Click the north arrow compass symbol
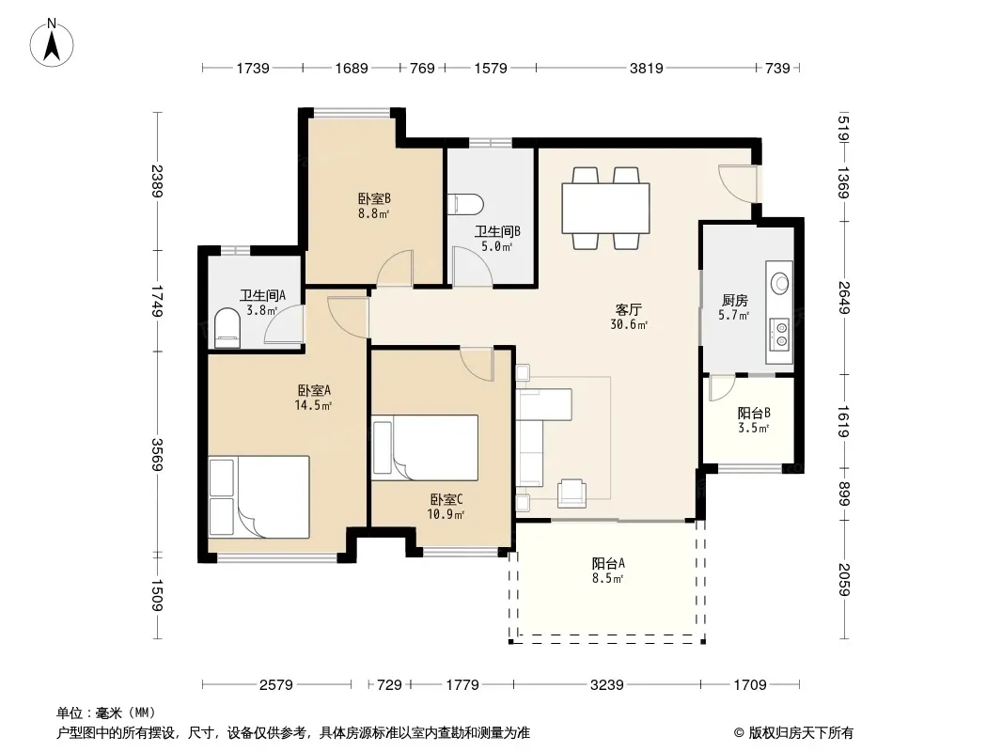[51, 43]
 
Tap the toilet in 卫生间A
[227, 328]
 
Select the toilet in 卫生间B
[466, 205]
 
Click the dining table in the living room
[605, 209]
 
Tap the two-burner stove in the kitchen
[780, 334]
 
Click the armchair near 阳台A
[571, 493]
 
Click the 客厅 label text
[628, 310]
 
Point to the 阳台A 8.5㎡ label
[608, 571]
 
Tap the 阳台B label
[754, 414]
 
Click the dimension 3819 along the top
[646, 68]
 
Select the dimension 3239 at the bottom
[606, 685]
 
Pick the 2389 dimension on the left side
[157, 181]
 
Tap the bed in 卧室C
[425, 447]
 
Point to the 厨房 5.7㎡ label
[734, 306]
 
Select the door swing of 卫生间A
[284, 324]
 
